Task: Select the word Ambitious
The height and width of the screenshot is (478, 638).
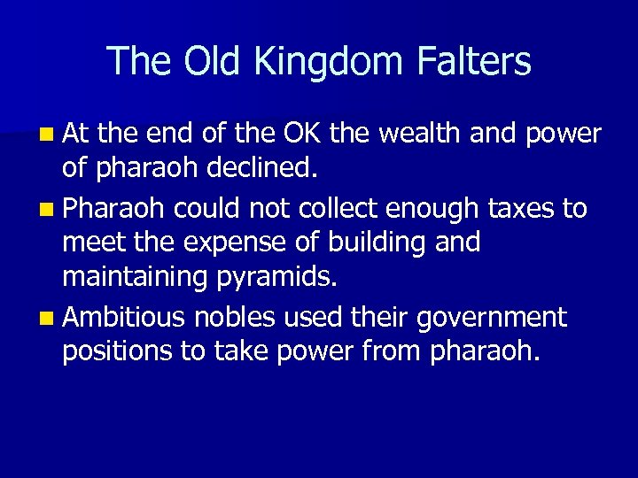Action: (x=125, y=316)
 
